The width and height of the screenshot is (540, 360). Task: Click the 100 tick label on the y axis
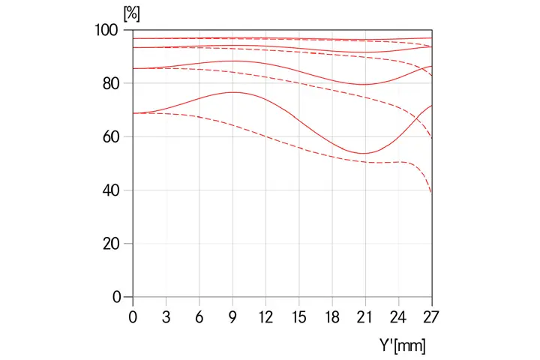pyautogui.click(x=108, y=30)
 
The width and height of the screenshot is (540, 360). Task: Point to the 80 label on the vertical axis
pyautogui.click(x=112, y=83)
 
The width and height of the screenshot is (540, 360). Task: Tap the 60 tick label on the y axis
pyautogui.click(x=112, y=137)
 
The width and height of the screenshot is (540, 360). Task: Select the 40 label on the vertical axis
pyautogui.click(x=112, y=190)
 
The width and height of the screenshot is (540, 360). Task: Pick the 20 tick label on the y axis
pyautogui.click(x=112, y=244)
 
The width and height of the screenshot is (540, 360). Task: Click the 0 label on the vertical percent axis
pyautogui.click(x=116, y=298)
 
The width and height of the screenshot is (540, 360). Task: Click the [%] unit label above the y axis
pyautogui.click(x=131, y=14)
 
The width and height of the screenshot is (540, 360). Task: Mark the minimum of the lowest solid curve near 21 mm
pyautogui.click(x=363, y=153)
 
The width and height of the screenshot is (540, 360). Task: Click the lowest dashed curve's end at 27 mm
pyautogui.click(x=431, y=193)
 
